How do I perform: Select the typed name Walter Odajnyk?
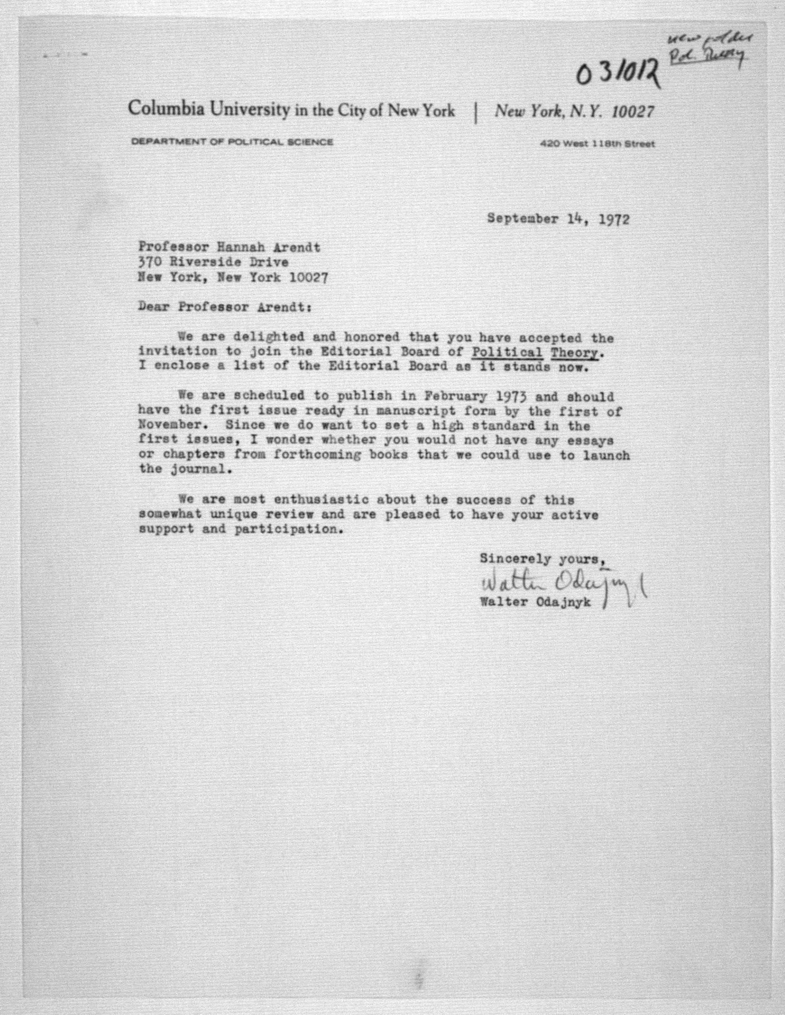point(535,602)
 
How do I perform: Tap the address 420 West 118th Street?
point(597,144)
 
